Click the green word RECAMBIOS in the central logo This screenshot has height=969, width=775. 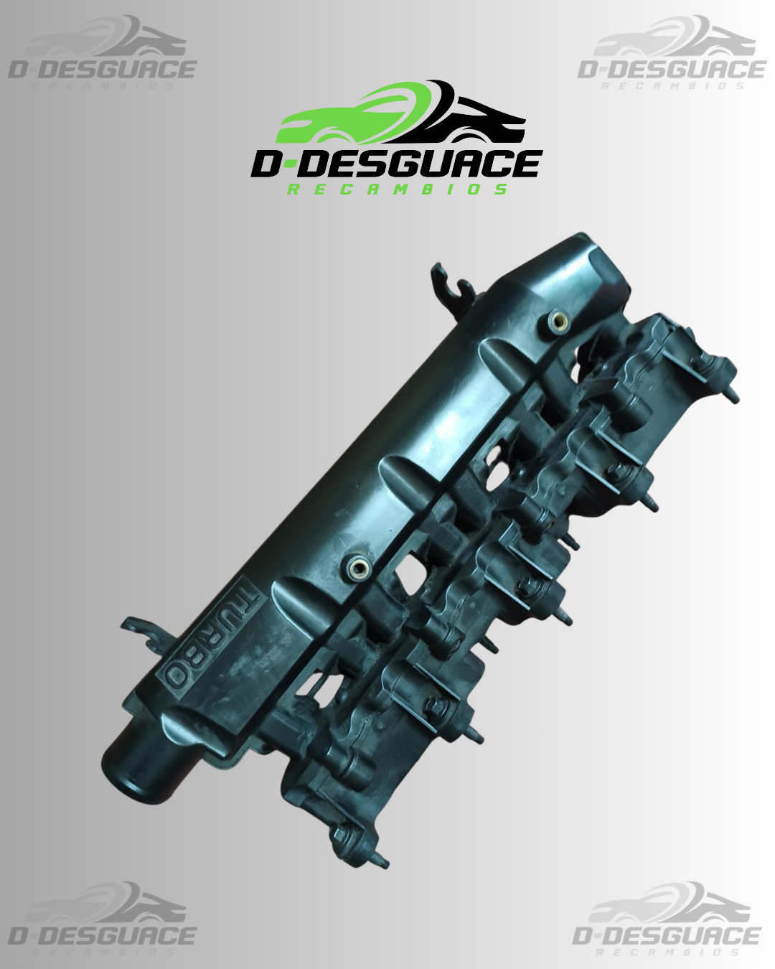click(396, 188)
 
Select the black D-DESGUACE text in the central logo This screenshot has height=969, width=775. click(396, 163)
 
